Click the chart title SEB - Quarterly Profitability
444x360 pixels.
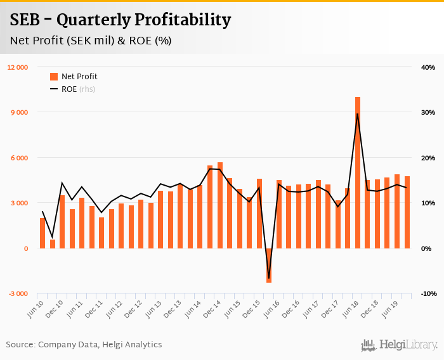[x=120, y=20]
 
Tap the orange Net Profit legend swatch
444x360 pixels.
[x=54, y=77]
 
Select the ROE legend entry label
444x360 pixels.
[x=69, y=89]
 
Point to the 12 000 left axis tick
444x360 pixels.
[x=17, y=67]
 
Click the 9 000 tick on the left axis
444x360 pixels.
[x=19, y=112]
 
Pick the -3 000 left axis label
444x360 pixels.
[x=18, y=293]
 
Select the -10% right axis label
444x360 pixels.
[x=427, y=293]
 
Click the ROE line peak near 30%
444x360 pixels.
[x=358, y=114]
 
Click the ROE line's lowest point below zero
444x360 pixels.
[x=269, y=278]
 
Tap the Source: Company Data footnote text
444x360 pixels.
[x=84, y=345]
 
